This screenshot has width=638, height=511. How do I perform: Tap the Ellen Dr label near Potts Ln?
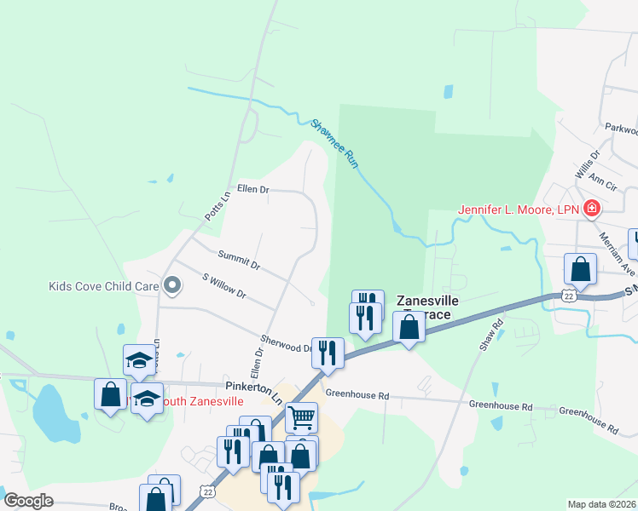(x=252, y=189)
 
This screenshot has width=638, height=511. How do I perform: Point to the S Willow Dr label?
(x=223, y=285)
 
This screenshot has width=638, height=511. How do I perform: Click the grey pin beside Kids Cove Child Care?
(x=172, y=285)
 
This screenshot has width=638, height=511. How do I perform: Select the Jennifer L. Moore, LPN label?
(x=519, y=209)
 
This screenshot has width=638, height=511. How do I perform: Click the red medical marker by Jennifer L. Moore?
(x=590, y=209)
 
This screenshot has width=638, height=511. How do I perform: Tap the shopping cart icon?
(x=301, y=417)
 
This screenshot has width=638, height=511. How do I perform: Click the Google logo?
(x=29, y=501)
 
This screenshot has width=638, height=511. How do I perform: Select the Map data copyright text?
(x=602, y=504)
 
